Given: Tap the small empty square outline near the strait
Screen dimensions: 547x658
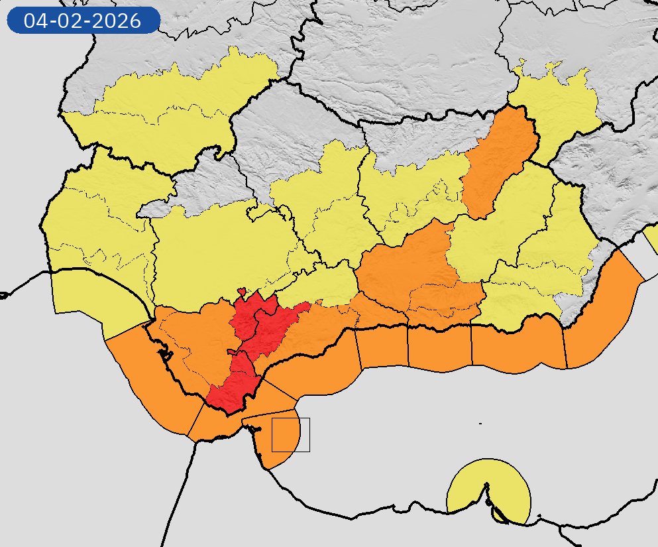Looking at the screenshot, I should click(x=291, y=435).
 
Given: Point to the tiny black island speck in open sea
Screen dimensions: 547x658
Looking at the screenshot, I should click(x=480, y=423).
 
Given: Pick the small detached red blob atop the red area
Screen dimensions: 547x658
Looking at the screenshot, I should click(x=243, y=291).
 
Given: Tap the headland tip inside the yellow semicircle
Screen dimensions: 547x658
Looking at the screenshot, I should click(x=487, y=487).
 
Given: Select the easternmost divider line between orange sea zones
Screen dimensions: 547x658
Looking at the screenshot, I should click(x=565, y=348).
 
